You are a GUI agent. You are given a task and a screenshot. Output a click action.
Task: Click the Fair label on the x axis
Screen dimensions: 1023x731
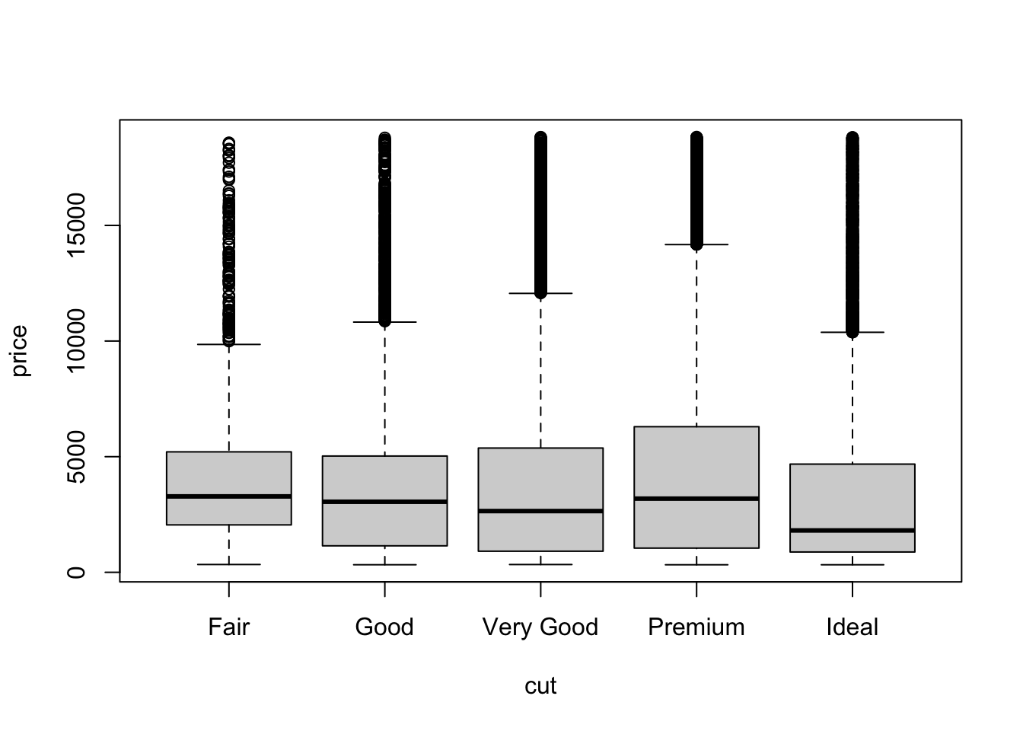tap(229, 627)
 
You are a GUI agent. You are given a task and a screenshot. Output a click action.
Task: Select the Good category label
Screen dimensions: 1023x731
tap(384, 627)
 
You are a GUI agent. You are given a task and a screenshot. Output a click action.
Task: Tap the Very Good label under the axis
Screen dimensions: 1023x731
tap(540, 627)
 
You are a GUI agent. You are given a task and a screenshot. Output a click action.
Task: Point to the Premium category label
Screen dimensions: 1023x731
tap(696, 627)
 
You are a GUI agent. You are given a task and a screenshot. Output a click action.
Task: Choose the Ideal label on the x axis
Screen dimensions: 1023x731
tap(852, 627)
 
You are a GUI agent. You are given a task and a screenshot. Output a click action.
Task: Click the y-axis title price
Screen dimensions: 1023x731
tap(20, 350)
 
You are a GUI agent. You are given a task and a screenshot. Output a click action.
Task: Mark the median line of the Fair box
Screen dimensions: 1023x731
tap(229, 496)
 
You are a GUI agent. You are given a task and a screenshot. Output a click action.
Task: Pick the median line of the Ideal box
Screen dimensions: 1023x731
tap(852, 531)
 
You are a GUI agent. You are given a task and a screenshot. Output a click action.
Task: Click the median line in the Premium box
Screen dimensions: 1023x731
tap(696, 499)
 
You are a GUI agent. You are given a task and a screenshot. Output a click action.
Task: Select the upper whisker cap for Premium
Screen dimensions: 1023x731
tap(696, 244)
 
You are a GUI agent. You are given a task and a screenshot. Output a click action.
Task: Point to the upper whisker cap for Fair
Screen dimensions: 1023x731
tap(229, 344)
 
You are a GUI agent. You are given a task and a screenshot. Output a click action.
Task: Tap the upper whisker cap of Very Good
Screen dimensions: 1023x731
tap(540, 293)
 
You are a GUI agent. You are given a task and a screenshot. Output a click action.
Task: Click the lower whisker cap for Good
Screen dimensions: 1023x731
tap(384, 565)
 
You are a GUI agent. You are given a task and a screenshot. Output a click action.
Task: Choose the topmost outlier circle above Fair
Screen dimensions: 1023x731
tap(229, 142)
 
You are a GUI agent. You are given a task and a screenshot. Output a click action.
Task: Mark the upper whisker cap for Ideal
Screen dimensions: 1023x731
tap(852, 332)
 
